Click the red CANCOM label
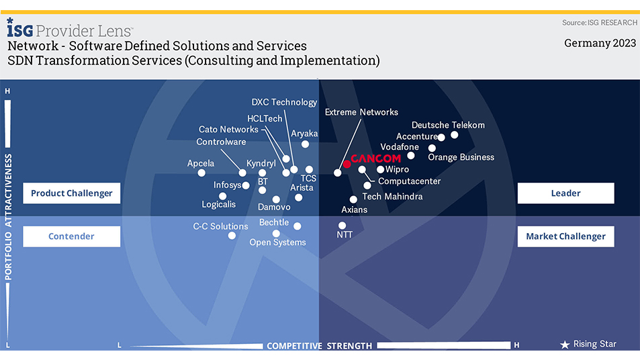376,159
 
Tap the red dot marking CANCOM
347,164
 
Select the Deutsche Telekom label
448,125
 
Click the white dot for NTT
342,226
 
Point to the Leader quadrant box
565,193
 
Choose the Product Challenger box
72,193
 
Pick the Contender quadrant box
72,236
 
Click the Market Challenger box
565,236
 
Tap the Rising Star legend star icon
565,345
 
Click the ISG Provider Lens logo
70,29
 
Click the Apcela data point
201,173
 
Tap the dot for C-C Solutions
232,236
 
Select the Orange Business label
461,157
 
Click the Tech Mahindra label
392,197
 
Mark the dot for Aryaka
306,144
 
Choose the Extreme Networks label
361,112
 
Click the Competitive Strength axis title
319,346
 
